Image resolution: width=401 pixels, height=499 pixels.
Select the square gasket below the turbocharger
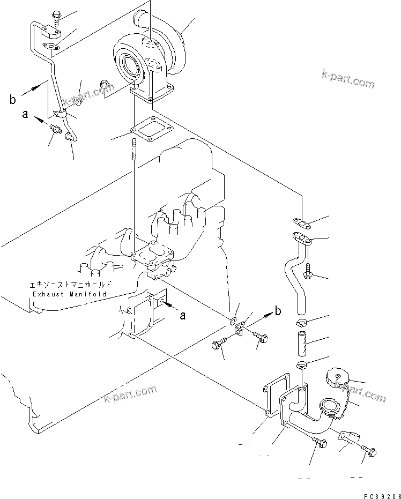144,130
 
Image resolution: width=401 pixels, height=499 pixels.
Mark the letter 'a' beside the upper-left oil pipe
25,114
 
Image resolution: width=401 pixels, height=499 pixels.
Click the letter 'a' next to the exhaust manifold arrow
183,316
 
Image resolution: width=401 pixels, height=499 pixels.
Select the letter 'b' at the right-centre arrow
278,310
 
